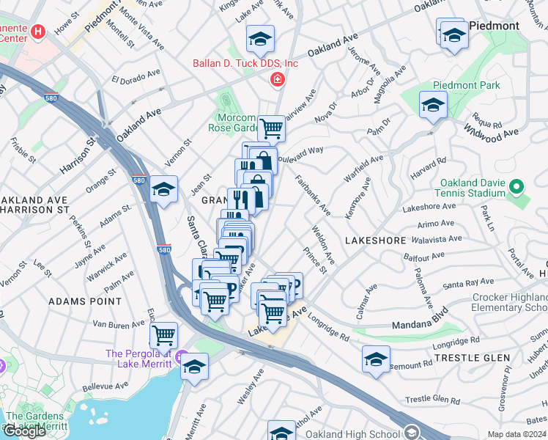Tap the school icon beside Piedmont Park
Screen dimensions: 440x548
(x=433, y=106)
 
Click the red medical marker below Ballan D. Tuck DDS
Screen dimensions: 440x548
(x=277, y=79)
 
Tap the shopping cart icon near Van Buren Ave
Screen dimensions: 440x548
(x=163, y=336)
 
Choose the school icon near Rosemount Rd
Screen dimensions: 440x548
(x=376, y=359)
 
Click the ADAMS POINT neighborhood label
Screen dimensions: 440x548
(x=85, y=301)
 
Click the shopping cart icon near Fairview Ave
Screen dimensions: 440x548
(x=271, y=128)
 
